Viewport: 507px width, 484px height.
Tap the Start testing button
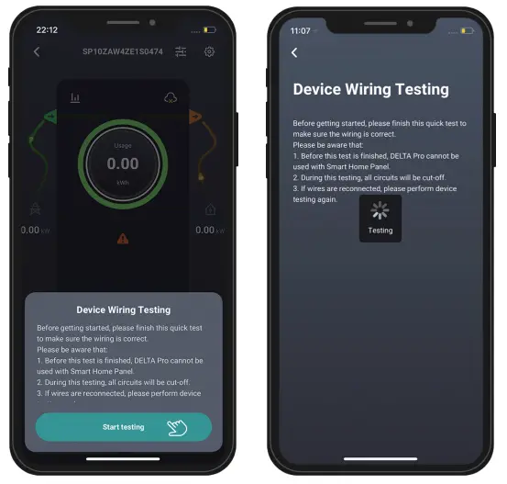click(123, 427)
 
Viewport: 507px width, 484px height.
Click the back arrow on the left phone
click(37, 52)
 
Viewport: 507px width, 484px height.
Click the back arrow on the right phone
click(294, 53)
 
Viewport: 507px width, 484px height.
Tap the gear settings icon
click(209, 52)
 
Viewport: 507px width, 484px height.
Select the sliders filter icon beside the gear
click(181, 52)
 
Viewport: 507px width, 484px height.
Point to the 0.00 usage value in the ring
click(123, 164)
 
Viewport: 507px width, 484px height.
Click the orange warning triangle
click(122, 238)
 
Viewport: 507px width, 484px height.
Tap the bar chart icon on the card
click(75, 97)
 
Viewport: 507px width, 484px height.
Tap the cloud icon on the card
click(170, 97)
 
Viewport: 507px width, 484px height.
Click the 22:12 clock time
click(46, 30)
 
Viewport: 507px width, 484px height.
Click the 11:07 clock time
click(301, 31)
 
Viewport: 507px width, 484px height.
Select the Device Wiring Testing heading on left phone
click(123, 310)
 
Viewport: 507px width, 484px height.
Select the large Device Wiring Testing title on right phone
click(370, 90)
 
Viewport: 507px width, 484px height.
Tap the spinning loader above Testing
click(380, 211)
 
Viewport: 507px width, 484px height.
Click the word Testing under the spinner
click(380, 231)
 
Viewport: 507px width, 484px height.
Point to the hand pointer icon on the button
click(177, 427)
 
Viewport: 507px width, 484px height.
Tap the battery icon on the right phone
click(467, 31)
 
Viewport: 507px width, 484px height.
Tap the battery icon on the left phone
click(210, 30)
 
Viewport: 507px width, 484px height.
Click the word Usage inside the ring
click(123, 146)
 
